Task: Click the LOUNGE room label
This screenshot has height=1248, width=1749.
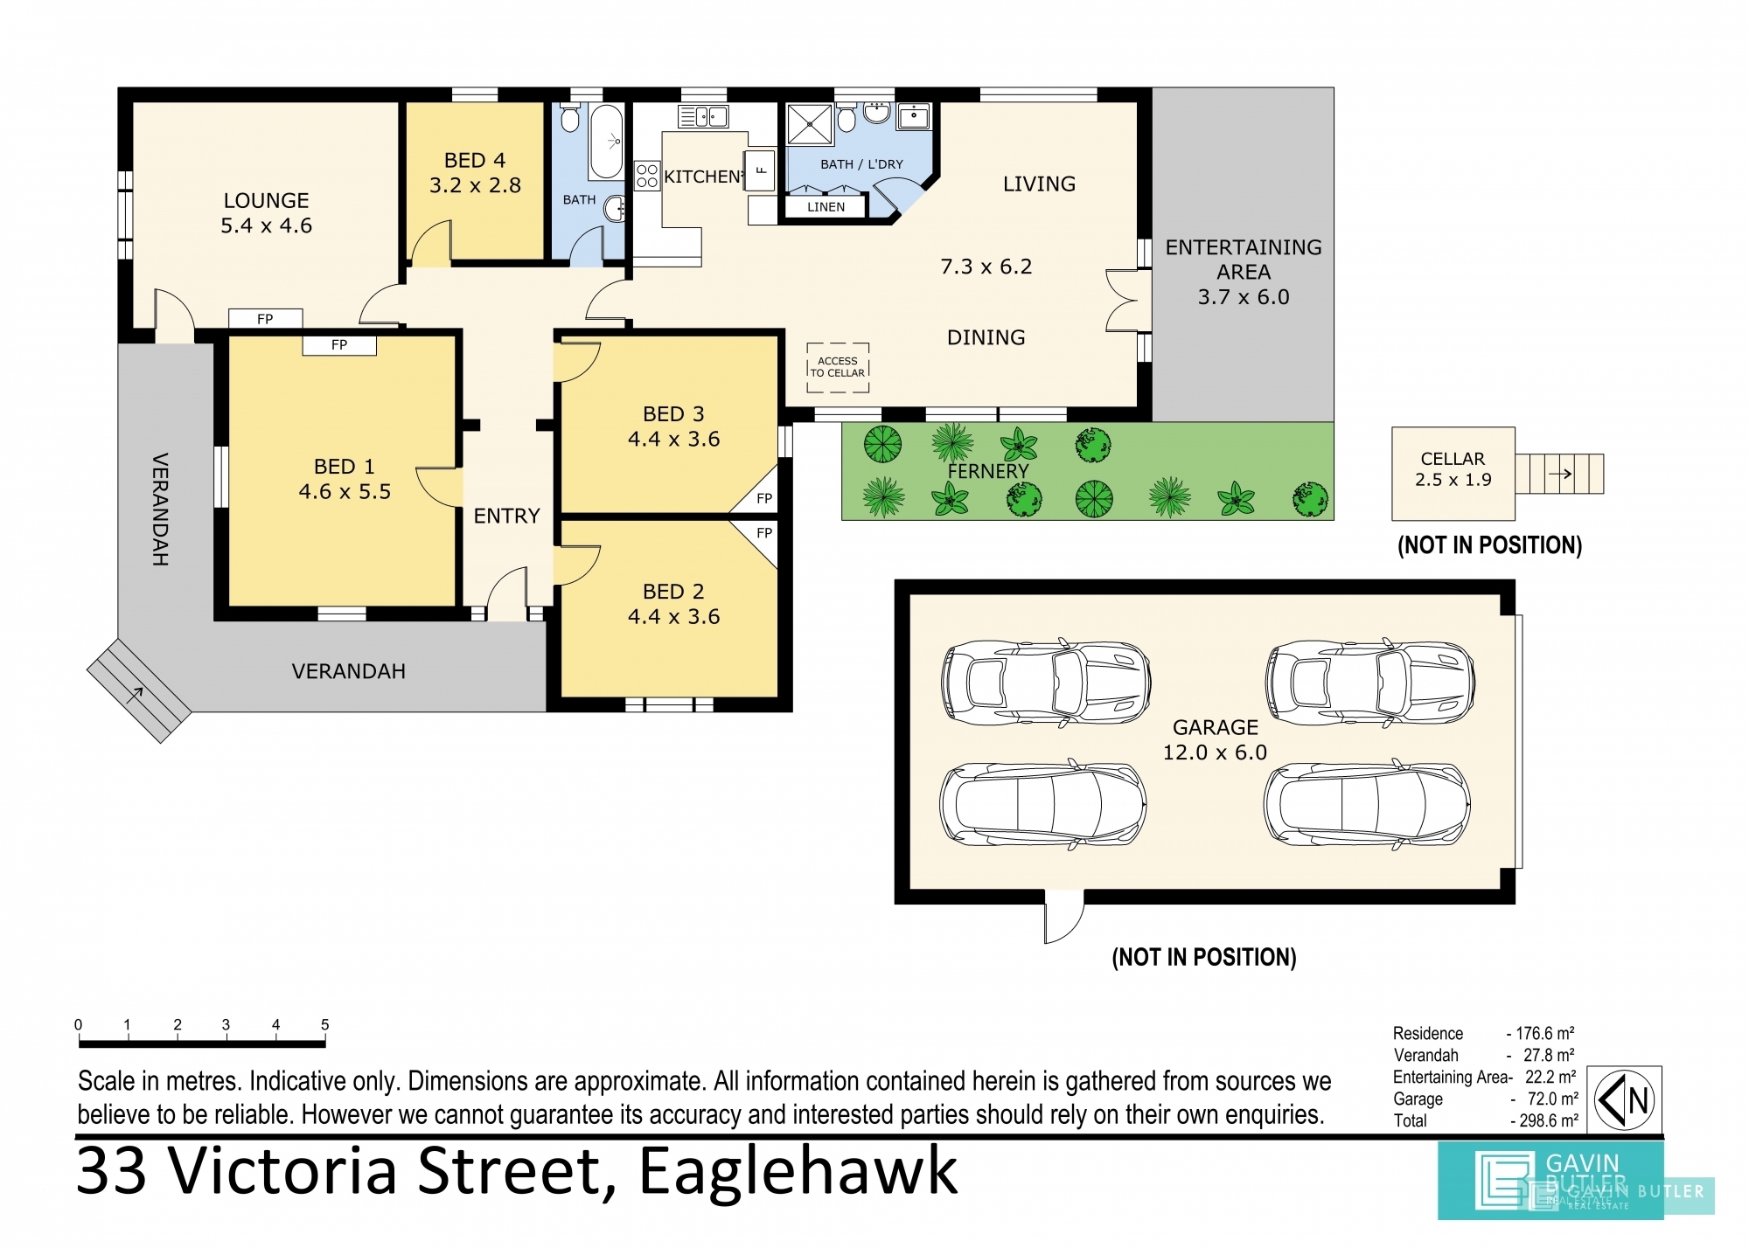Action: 266,200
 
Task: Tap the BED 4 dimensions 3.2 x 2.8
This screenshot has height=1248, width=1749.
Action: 475,185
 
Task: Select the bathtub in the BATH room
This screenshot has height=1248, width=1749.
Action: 606,142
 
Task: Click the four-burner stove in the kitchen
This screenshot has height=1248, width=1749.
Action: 647,176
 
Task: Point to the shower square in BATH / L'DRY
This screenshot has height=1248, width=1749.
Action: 810,124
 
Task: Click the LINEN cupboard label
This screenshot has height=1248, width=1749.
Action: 826,207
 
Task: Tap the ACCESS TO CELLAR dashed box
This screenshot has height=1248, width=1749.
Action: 838,367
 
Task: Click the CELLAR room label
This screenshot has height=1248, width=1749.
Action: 1453,459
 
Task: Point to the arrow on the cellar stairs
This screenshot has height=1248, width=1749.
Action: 1560,475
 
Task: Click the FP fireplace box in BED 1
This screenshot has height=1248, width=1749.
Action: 339,345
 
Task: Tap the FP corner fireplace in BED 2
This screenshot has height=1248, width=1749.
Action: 763,533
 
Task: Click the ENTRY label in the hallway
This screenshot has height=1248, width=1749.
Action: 506,516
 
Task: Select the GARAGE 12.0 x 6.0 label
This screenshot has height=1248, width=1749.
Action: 1215,739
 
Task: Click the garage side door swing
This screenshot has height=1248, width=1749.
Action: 1064,919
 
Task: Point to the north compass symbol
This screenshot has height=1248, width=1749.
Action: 1624,1100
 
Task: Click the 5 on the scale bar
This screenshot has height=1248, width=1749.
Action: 324,1024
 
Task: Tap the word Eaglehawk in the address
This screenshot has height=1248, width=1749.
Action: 798,1171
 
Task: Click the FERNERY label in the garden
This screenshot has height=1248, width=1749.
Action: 988,471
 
